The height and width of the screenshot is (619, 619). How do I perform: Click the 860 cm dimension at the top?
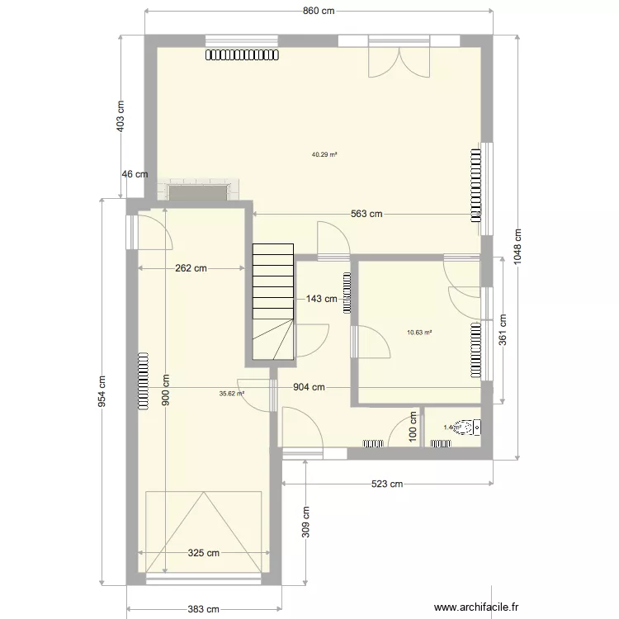click(x=317, y=11)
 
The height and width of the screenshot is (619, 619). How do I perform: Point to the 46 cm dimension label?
click(x=135, y=174)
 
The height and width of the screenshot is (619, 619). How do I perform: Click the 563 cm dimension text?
click(x=366, y=214)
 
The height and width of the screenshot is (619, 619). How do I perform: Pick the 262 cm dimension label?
click(x=191, y=268)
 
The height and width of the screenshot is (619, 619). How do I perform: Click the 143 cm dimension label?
click(x=322, y=299)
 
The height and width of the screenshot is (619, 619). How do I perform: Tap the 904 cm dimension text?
click(x=308, y=387)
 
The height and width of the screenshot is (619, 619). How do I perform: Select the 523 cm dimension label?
click(x=386, y=484)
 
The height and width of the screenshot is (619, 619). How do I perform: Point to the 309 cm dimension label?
click(x=305, y=521)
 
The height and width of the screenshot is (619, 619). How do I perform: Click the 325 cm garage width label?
click(x=203, y=553)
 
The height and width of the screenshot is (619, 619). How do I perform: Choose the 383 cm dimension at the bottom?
click(x=203, y=609)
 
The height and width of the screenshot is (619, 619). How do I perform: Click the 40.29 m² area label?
click(x=325, y=154)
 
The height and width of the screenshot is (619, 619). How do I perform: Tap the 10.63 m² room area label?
click(x=419, y=333)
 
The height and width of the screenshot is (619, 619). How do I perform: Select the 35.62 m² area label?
click(x=232, y=394)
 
